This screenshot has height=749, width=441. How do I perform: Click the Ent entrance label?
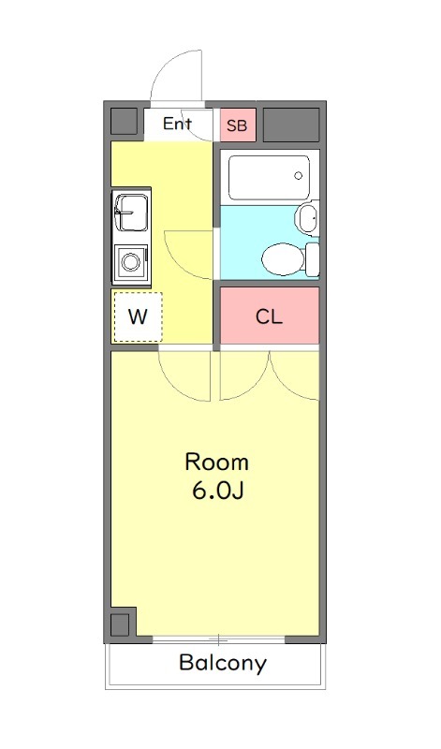pyautogui.click(x=177, y=124)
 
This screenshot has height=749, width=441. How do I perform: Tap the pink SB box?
pyautogui.click(x=238, y=125)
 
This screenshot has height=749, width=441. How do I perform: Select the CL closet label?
pyautogui.click(x=269, y=316)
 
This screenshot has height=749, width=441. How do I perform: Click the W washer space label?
pyautogui.click(x=138, y=316)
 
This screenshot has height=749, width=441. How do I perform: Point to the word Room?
pyautogui.click(x=217, y=462)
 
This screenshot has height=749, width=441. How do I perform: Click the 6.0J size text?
pyautogui.click(x=218, y=491)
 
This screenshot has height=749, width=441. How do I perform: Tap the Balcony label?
pyautogui.click(x=223, y=663)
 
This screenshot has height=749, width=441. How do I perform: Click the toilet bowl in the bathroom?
pyautogui.click(x=283, y=259)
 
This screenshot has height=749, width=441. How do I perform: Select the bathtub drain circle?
pyautogui.click(x=299, y=176)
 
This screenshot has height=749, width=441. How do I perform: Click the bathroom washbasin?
pyautogui.click(x=307, y=217)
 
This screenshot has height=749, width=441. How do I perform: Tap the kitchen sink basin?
pyautogui.click(x=131, y=213)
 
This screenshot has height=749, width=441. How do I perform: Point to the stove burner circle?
pyautogui.click(x=130, y=262)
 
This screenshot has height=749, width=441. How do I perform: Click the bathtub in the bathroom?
pyautogui.click(x=269, y=178)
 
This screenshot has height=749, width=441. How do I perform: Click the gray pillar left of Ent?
pyautogui.click(x=125, y=122)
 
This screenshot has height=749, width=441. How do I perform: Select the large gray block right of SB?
pyautogui.click(x=291, y=125)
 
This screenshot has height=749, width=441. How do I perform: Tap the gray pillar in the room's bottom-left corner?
pyautogui.click(x=120, y=625)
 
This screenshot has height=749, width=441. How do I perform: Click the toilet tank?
pyautogui.click(x=313, y=259)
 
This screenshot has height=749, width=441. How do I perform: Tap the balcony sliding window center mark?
pyautogui.click(x=219, y=639)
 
